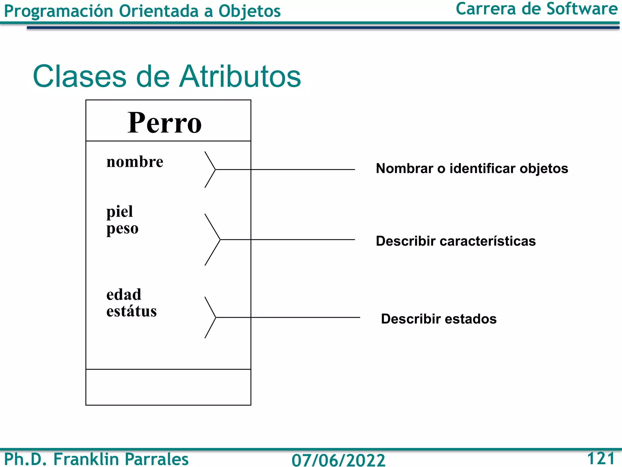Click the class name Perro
coord(164,123)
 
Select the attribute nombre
coord(135,162)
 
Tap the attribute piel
coord(120,211)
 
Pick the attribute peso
coord(122,228)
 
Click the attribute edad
coord(124,295)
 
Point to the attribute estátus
coord(132,311)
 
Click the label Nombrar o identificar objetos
coord(472,168)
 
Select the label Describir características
coord(456,241)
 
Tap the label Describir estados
coord(439,319)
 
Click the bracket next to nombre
coord(210,169)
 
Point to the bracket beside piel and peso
coord(213,240)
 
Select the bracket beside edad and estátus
coord(210,317)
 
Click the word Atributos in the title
coord(240,76)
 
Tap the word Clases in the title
coord(80,76)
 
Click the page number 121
coord(601,458)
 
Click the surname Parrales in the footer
coord(156,459)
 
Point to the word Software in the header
coord(582,9)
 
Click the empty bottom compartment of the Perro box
coord(168,387)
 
